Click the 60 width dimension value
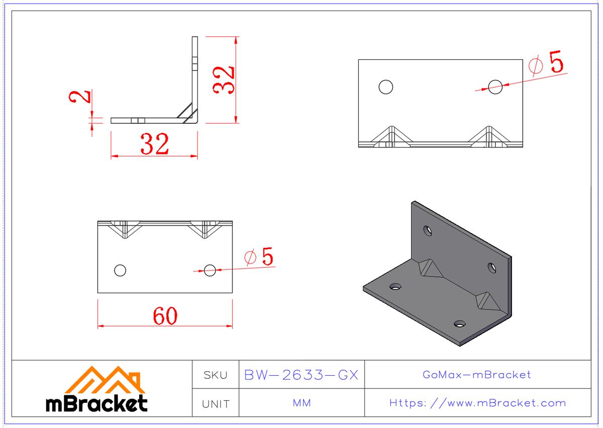(x=165, y=316)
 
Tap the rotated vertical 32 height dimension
(x=224, y=79)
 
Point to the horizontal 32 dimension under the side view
(x=155, y=145)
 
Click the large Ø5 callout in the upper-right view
(x=547, y=64)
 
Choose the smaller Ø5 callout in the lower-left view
(x=260, y=257)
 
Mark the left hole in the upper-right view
(x=385, y=87)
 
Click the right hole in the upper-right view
(x=495, y=87)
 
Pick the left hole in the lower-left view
(x=120, y=271)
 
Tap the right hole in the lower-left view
(x=210, y=271)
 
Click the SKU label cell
(x=216, y=375)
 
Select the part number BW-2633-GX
(x=301, y=375)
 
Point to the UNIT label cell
(x=216, y=404)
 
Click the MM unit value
(x=301, y=403)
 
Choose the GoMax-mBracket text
(x=477, y=375)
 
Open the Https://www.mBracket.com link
(x=477, y=403)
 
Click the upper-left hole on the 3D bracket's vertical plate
(x=427, y=230)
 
